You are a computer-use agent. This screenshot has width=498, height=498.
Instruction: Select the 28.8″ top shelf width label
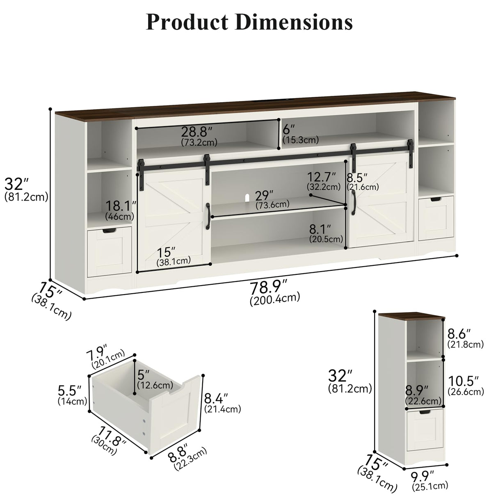(x=197, y=132)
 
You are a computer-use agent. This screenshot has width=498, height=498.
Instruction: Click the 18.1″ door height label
(x=120, y=206)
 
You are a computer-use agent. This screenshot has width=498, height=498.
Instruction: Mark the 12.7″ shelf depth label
(x=322, y=177)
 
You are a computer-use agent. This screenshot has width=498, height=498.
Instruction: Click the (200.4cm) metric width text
(x=274, y=298)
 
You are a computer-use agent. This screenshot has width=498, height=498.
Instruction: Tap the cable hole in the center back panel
(x=248, y=197)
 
